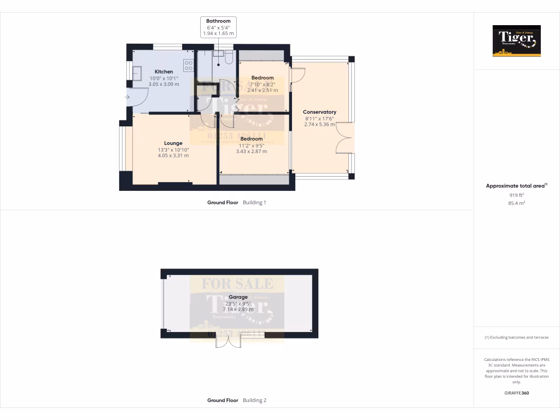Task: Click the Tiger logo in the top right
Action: [x=516, y=40]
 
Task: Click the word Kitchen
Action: [x=164, y=72]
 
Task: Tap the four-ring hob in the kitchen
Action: [x=189, y=65]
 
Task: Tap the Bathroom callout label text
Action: [x=218, y=21]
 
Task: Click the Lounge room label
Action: [x=173, y=143]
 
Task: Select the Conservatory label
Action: [x=319, y=112]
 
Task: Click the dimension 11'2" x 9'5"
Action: [x=252, y=145]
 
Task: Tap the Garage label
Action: [x=238, y=297]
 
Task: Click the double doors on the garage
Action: [x=229, y=340]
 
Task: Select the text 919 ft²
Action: [x=516, y=195]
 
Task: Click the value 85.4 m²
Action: [x=516, y=203]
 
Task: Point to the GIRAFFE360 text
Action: [x=516, y=393]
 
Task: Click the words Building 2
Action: [x=254, y=400]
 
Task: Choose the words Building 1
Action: [x=254, y=202]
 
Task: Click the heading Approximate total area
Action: [x=515, y=186]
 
